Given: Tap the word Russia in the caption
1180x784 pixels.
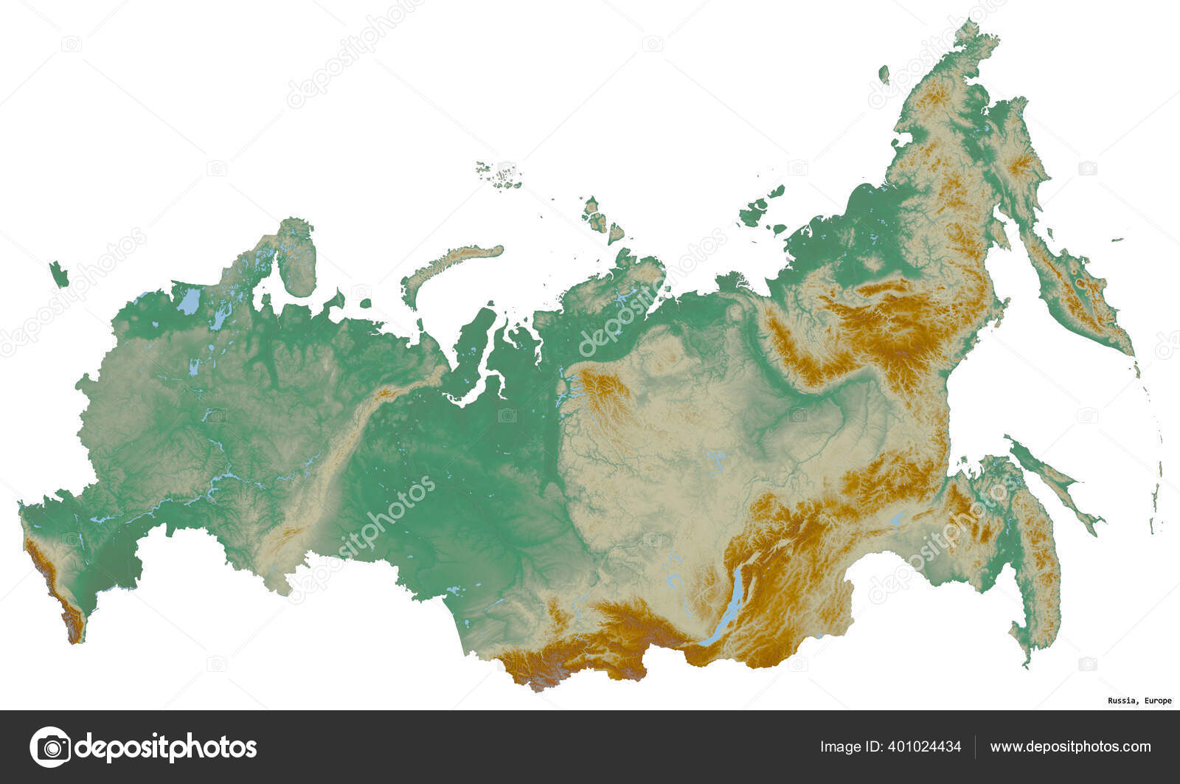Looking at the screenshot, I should point(1120,701).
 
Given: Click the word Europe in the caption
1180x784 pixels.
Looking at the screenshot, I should point(1156,701).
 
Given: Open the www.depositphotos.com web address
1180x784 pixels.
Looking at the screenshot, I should point(1070,747).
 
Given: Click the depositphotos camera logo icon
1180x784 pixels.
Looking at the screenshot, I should point(50,747).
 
